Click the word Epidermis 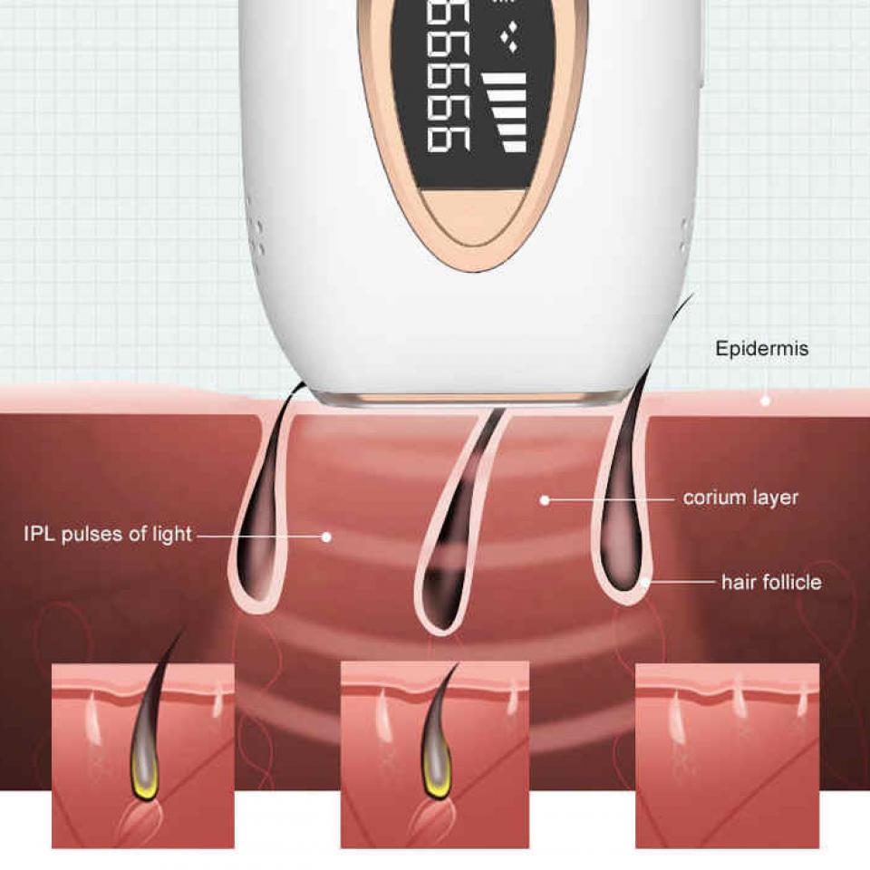click(761, 348)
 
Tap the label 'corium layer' click(740, 498)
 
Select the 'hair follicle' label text click(771, 582)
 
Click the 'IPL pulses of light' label click(108, 534)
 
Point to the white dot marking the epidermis click(765, 401)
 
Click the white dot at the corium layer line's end click(545, 500)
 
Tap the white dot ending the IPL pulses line click(327, 536)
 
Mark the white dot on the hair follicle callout click(645, 582)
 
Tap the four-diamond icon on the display click(509, 37)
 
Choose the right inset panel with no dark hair click(727, 755)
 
